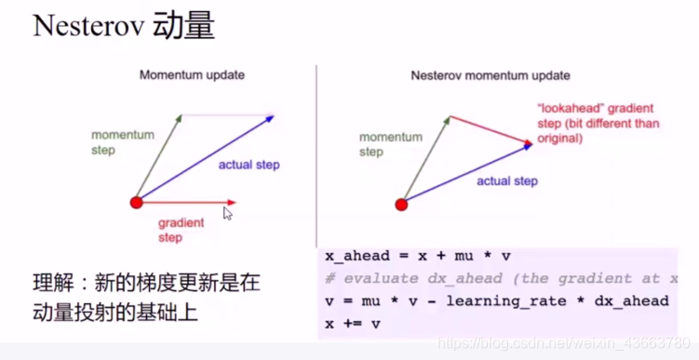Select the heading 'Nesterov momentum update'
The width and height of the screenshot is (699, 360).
(491, 74)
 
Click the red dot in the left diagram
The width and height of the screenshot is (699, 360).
(137, 202)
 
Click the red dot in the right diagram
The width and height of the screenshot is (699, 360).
(402, 204)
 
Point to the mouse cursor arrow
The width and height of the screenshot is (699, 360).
(227, 213)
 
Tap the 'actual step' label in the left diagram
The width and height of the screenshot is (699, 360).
(249, 165)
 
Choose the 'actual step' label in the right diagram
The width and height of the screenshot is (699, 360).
(507, 181)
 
